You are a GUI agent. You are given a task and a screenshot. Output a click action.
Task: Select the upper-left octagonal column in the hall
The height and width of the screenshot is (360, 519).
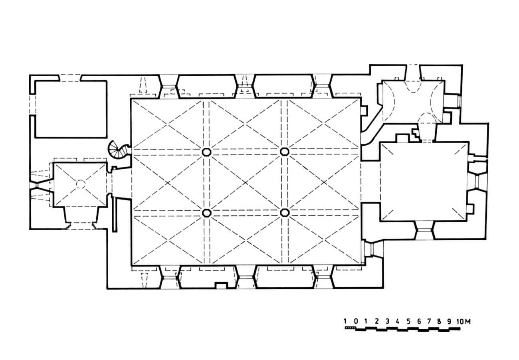pos(206,152)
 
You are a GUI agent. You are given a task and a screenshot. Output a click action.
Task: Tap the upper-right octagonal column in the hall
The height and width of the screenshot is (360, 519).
pos(285,152)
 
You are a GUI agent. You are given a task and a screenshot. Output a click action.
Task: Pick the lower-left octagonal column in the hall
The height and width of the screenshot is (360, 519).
pos(207,213)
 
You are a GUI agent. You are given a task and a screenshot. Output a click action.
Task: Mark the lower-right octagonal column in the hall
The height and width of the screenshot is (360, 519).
pos(285,212)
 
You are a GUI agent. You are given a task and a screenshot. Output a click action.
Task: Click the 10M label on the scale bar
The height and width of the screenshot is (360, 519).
pos(463,322)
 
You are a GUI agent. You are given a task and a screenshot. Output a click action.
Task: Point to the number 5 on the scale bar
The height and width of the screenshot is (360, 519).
pos(408,322)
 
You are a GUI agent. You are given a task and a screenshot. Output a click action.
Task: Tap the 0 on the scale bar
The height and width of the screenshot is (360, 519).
pos(356,321)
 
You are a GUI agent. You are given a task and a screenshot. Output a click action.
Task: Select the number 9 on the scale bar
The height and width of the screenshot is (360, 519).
pos(449,322)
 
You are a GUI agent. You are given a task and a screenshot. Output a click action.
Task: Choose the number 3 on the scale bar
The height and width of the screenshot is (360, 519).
pos(387,322)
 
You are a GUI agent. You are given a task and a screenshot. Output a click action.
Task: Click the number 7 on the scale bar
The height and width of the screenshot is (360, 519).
pos(429,322)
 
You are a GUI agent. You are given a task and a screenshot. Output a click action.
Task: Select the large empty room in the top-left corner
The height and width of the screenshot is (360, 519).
pos(71,109)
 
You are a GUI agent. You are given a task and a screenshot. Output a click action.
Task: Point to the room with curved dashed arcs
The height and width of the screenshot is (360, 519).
pos(413,101)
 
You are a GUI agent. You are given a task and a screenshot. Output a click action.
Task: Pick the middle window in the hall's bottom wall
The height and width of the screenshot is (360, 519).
pos(246,277)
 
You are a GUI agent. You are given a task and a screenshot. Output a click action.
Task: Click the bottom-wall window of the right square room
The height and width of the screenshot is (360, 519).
pos(424,230)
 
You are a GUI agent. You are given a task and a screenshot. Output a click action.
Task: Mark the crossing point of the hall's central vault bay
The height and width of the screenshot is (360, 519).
pos(246,183)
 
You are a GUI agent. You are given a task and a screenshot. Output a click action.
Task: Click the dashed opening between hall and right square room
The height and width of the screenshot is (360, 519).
pos(371,182)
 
